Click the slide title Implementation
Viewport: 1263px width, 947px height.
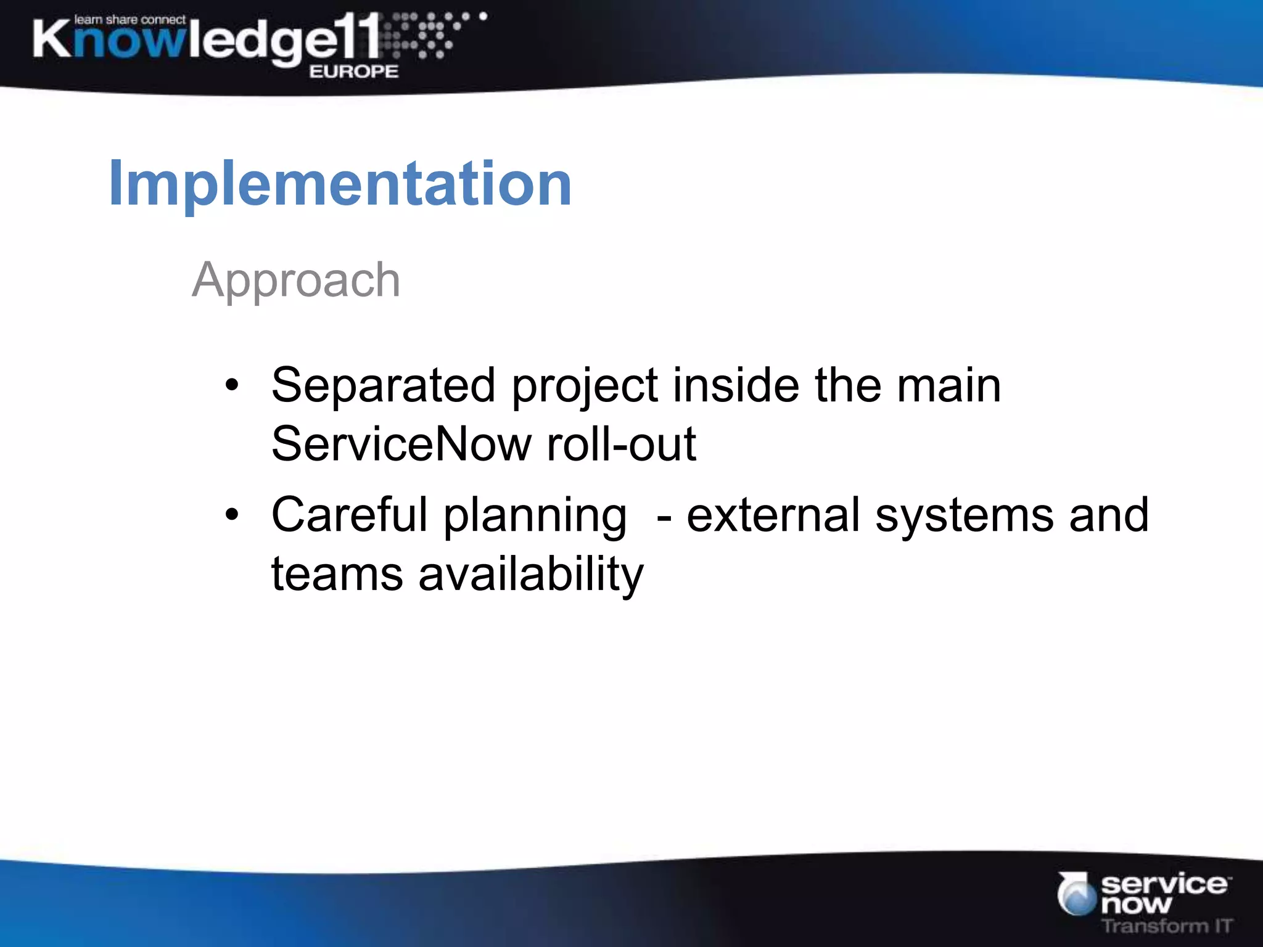(340, 184)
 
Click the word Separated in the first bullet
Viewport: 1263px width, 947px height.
(383, 385)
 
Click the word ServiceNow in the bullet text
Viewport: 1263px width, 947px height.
(401, 444)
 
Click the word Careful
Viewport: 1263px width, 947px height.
(349, 515)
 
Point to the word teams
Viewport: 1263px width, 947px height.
(337, 574)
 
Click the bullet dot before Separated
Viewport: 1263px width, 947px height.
(231, 386)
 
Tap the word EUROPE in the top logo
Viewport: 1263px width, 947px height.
(353, 72)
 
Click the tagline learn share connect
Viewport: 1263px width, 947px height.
(130, 20)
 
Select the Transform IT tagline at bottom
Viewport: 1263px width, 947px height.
(1166, 925)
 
